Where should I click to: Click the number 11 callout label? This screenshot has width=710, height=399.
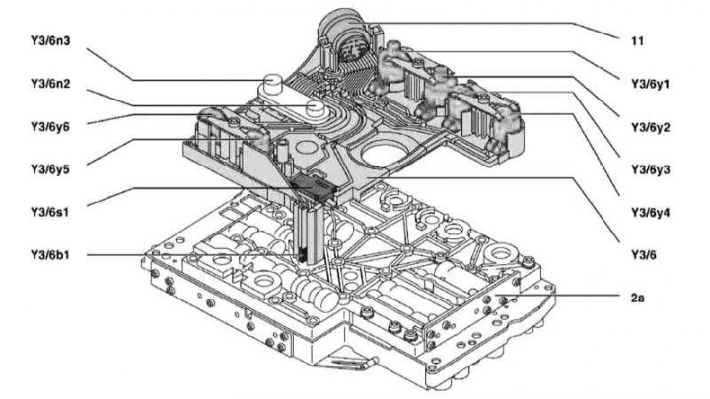click(638, 42)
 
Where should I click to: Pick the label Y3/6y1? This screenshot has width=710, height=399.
click(651, 85)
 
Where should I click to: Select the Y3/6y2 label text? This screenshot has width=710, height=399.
click(651, 127)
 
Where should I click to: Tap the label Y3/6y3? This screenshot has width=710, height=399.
click(651, 169)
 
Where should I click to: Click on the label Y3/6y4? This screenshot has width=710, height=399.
click(651, 211)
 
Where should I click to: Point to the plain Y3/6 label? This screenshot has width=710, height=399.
click(643, 254)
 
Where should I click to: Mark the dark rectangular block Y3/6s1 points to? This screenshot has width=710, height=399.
click(313, 187)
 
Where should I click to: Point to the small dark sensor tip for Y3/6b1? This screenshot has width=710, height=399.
click(302, 254)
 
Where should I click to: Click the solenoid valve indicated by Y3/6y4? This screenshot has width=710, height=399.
click(508, 123)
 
